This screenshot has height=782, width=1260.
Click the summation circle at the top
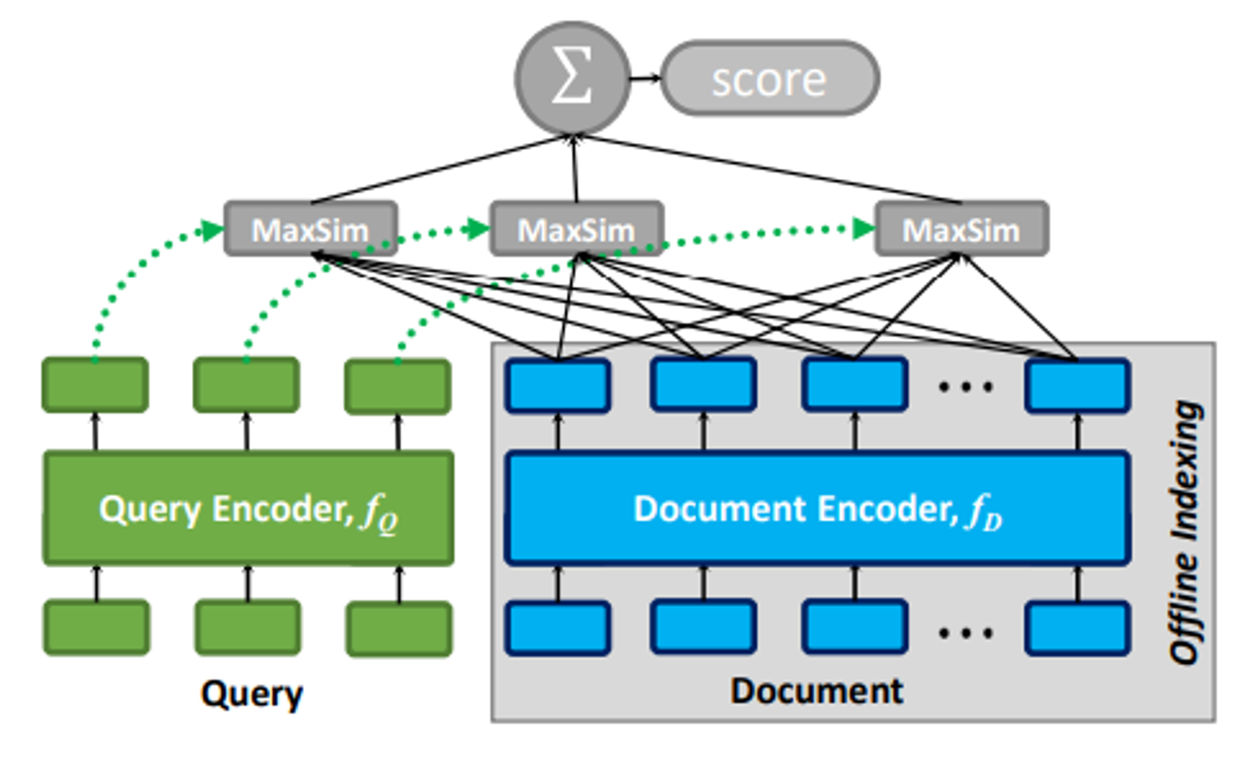click(x=573, y=78)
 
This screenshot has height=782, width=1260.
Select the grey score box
click(x=769, y=79)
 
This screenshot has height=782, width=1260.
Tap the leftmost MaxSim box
click(x=311, y=229)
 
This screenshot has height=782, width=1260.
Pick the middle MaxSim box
click(x=576, y=229)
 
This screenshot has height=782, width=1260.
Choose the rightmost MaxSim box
click(x=962, y=229)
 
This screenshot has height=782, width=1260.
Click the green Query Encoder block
click(x=248, y=507)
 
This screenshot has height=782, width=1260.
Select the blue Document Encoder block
click(x=817, y=507)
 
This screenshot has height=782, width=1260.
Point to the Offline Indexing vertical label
click(x=1185, y=532)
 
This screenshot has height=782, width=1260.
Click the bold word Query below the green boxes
click(x=251, y=694)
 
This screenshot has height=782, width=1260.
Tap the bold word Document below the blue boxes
click(x=816, y=691)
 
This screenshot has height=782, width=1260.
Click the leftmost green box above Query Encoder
click(x=95, y=385)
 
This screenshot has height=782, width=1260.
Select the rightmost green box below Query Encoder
click(x=399, y=628)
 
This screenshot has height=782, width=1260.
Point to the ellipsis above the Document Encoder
click(x=965, y=386)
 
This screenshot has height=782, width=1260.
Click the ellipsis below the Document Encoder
click(x=965, y=632)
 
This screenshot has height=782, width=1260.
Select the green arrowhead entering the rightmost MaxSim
click(x=863, y=229)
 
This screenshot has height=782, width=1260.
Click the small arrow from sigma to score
click(x=645, y=78)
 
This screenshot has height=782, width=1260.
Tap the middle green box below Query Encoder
click(x=248, y=628)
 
